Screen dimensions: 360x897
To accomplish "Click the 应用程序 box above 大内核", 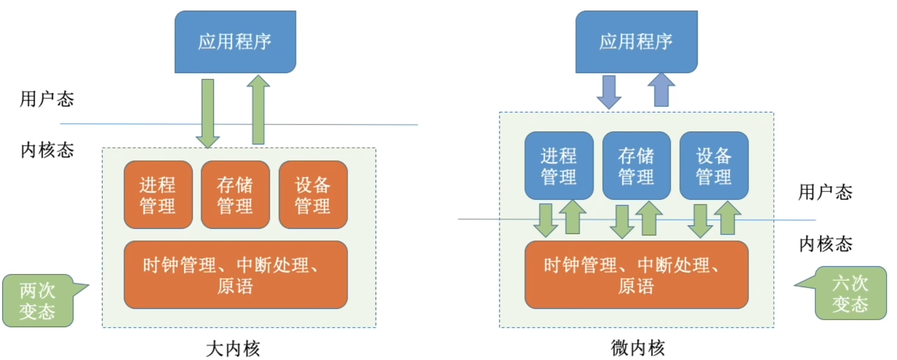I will pos(235,41).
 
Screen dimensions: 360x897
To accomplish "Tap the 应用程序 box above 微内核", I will pos(636,41).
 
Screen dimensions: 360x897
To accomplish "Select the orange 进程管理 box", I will pos(158,195).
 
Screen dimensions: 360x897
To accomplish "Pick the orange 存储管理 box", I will pos(235,195).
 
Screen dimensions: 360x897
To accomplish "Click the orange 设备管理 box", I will pos(313,195).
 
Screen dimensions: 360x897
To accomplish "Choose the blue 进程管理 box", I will pos(559,166).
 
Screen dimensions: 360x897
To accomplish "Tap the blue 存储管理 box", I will pos(636,166).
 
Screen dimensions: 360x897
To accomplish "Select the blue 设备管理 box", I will pos(714,166).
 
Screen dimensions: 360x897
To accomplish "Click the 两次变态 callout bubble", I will pos(38,301).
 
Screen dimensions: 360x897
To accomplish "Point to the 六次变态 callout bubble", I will pos(850,293).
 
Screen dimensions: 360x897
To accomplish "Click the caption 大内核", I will pos(233,349).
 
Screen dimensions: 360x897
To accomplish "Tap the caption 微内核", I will pos(638,348).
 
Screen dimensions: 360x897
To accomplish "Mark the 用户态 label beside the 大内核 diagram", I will pos(47,99).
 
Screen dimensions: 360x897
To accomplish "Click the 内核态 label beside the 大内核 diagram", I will pos(47,150).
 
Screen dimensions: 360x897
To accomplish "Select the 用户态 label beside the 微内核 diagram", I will pos(825,192).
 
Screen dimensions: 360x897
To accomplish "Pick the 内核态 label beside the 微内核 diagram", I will pos(826,244).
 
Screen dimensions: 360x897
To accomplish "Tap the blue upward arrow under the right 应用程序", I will pos(661,90).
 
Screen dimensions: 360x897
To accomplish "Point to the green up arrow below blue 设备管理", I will pos(728,217).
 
